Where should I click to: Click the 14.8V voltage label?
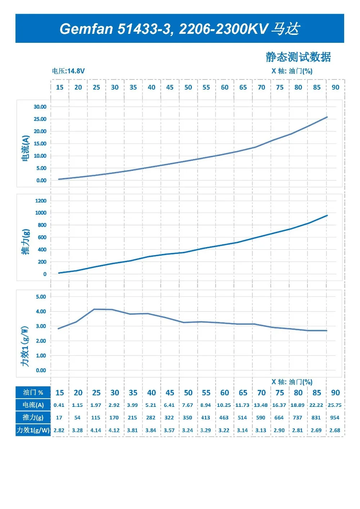(x=76, y=71)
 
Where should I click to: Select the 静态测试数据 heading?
(x=298, y=57)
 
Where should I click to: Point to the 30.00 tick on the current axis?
(x=40, y=107)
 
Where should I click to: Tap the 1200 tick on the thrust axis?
(x=41, y=201)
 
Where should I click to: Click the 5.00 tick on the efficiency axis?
(x=41, y=297)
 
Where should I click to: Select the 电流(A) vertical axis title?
(x=25, y=149)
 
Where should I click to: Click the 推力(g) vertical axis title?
(x=25, y=242)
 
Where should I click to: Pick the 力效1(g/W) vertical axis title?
(x=24, y=346)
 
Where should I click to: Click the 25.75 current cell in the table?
(x=334, y=405)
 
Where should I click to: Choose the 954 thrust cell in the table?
(x=334, y=418)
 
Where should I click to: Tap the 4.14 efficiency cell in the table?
(x=96, y=430)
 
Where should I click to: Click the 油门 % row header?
(x=33, y=392)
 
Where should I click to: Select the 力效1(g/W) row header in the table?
(x=33, y=430)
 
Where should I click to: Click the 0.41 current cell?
(x=59, y=405)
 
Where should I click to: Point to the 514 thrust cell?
(x=242, y=418)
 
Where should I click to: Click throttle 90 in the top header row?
(x=335, y=87)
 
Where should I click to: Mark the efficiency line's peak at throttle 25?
(x=94, y=309)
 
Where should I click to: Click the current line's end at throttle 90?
(x=327, y=117)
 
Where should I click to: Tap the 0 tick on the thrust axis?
(x=45, y=274)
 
